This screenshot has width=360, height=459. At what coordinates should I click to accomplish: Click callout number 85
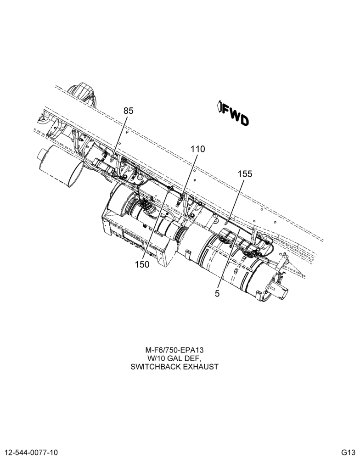pos(128,111)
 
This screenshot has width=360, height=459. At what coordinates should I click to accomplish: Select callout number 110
pos(198,149)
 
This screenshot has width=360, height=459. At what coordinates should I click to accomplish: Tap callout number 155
pos(245,174)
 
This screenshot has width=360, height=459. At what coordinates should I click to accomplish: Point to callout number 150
pos(142,264)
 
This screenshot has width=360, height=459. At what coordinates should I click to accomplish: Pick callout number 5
pos(217,294)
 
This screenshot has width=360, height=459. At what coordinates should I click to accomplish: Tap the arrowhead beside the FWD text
pos(219,106)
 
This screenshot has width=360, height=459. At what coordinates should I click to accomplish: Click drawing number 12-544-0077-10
pos(31,452)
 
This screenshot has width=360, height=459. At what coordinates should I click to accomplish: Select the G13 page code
pos(348,452)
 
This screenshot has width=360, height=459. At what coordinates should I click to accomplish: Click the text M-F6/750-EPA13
pos(174,350)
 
